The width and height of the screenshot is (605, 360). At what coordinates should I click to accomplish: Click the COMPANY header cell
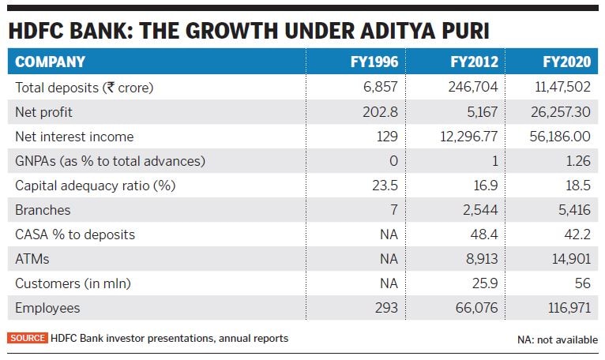click(x=50, y=62)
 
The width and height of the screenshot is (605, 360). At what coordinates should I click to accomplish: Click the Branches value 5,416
click(x=573, y=210)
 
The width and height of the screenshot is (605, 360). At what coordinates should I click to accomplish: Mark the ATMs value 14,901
click(x=569, y=259)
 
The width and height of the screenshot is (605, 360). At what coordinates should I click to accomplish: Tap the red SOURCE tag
click(x=28, y=338)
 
